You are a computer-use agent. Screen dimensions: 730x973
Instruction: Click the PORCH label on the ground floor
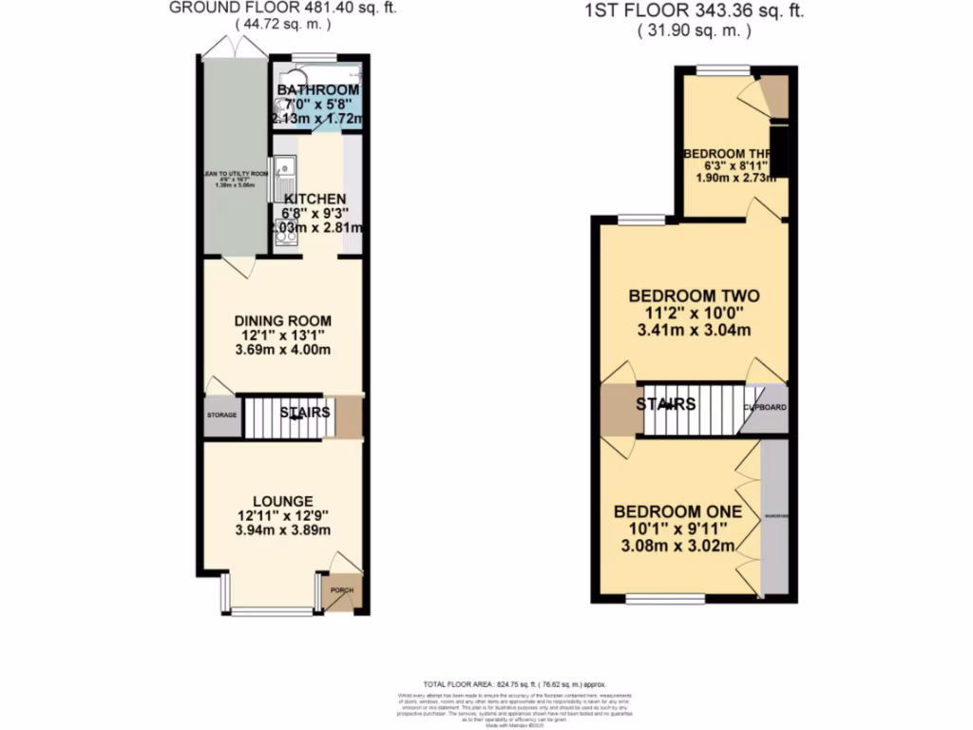pyautogui.click(x=340, y=590)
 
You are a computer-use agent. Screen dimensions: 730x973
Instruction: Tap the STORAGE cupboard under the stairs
pyautogui.click(x=221, y=416)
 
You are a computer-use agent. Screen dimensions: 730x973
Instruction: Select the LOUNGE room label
pyautogui.click(x=283, y=501)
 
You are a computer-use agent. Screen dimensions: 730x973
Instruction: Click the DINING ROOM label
pyautogui.click(x=283, y=321)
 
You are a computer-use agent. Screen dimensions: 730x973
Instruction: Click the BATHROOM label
pyautogui.click(x=317, y=91)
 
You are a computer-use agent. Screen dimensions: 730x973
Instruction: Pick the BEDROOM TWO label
pyautogui.click(x=694, y=297)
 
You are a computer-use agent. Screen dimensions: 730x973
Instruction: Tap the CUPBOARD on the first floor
pyautogui.click(x=765, y=408)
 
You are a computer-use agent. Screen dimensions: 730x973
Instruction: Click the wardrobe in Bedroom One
pyautogui.click(x=774, y=518)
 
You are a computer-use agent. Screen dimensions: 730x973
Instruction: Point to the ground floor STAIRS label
pyautogui.click(x=305, y=413)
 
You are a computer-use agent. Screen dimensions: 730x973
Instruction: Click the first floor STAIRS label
pyautogui.click(x=666, y=405)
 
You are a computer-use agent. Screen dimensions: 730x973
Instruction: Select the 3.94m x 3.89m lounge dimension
pyautogui.click(x=283, y=533)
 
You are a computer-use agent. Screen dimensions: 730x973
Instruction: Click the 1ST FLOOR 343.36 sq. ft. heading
pyautogui.click(x=694, y=11)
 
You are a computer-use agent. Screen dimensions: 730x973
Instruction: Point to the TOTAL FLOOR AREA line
pyautogui.click(x=514, y=684)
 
